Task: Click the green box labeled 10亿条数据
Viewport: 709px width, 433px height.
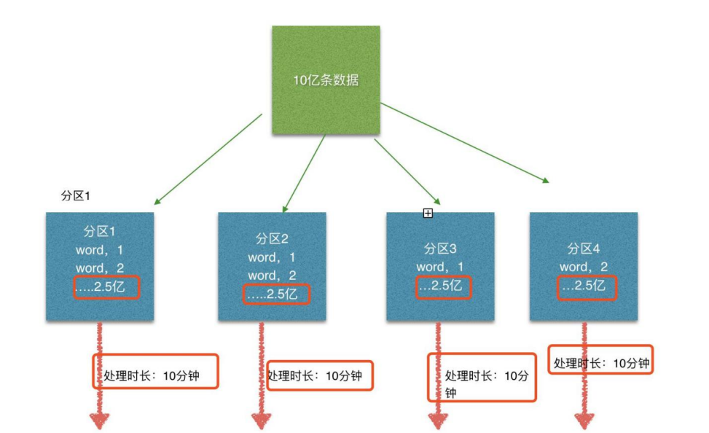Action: coord(326,80)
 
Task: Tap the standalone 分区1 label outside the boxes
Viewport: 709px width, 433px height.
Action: coord(75,197)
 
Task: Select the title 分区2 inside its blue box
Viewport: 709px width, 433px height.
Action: coord(272,239)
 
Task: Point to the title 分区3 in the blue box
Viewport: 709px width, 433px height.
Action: coord(440,249)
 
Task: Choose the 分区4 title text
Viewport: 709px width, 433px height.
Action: coord(583,249)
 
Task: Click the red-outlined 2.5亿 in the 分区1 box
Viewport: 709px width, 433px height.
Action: coord(106,287)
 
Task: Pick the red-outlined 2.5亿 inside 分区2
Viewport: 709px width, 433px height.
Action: coord(277,294)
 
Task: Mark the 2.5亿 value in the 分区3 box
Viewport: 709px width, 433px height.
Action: coord(444,286)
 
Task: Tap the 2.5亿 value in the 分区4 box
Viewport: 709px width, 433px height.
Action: coord(587,286)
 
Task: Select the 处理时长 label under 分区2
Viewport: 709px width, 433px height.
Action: coord(319,376)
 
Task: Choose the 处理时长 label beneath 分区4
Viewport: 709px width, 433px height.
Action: coord(600,363)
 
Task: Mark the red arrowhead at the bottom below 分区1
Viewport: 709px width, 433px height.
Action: coord(100,421)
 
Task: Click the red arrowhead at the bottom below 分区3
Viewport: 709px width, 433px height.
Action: coord(438,421)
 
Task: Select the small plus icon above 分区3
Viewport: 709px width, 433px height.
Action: coord(428,213)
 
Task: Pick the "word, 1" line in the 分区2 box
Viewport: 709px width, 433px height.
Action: coord(272,257)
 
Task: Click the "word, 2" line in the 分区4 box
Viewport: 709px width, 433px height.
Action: coord(583,267)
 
